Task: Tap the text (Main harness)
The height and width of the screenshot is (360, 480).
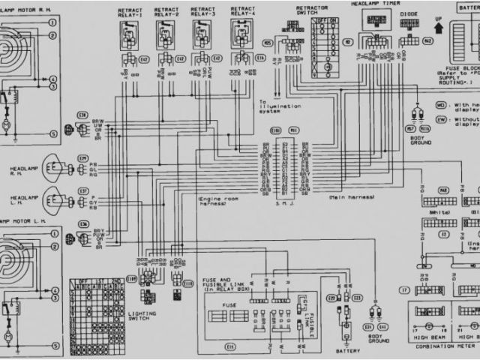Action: [x=349, y=196]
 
